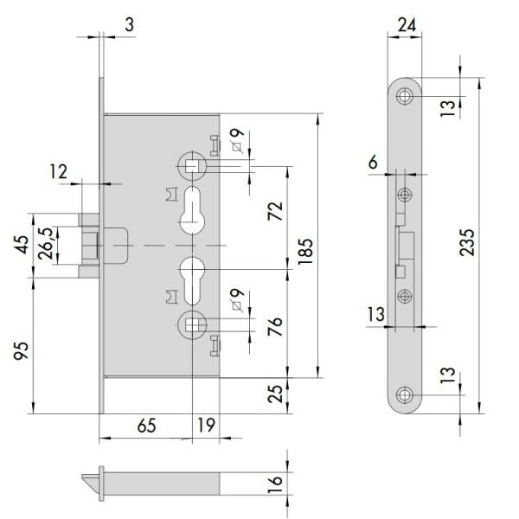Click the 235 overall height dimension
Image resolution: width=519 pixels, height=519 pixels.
tap(467, 242)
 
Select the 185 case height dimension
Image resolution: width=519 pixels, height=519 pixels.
tap(305, 251)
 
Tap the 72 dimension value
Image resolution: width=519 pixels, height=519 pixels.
tap(275, 211)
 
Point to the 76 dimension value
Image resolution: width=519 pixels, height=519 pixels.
tap(275, 326)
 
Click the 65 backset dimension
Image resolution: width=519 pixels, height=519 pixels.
tap(147, 426)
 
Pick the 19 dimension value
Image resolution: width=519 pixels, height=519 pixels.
tap(206, 425)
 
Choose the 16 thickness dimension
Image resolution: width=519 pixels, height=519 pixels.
tap(275, 484)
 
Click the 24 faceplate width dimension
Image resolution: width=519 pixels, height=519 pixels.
tap(407, 25)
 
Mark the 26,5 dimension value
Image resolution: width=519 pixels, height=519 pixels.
tap(45, 243)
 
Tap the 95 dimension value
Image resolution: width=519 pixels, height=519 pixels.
tap(21, 351)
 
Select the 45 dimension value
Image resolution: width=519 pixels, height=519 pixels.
tap(21, 245)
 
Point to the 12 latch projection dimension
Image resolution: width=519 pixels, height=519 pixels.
tap(58, 172)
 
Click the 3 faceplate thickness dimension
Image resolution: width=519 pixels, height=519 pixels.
tap(130, 25)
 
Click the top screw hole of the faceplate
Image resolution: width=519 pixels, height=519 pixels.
tap(405, 96)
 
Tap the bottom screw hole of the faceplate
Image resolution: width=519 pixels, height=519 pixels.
tap(405, 395)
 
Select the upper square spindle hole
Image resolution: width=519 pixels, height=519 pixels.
tap(192, 166)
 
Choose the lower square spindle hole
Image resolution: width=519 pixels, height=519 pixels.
tap(192, 324)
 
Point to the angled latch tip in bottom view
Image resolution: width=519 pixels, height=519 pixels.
tap(90, 484)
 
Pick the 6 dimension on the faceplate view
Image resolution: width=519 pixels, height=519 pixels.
tap(373, 163)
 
